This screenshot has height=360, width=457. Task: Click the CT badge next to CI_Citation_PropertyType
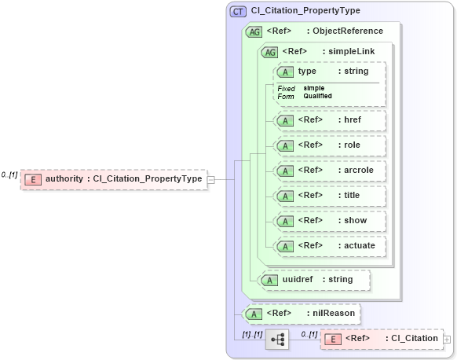[x=238, y=12]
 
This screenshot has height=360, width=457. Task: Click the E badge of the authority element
[x=33, y=179]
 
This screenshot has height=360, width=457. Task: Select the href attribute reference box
[x=329, y=120]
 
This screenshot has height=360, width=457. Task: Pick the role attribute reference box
[x=329, y=145]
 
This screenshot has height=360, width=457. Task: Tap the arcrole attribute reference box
[x=329, y=171]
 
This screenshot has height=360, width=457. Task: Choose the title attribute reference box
[x=329, y=196]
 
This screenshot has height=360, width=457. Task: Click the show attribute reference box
[x=329, y=221]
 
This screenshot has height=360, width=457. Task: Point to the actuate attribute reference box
[x=329, y=246]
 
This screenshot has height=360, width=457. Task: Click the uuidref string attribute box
[x=314, y=279]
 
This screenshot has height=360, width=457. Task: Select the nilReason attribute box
[x=302, y=314]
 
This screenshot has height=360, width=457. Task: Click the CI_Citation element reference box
[x=381, y=339]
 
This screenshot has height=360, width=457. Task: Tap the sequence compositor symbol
[x=277, y=340]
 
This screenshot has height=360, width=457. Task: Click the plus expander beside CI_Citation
[x=447, y=339]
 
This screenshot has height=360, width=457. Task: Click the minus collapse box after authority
[x=210, y=179]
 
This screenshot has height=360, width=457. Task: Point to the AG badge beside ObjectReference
[x=254, y=31]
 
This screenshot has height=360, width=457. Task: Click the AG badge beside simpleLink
[x=269, y=52]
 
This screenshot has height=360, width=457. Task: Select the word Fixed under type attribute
[x=286, y=88]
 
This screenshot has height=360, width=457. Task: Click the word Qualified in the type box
[x=317, y=96]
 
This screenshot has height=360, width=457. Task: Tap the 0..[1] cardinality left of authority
[x=9, y=174]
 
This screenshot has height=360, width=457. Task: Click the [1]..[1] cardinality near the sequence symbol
[x=252, y=334]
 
